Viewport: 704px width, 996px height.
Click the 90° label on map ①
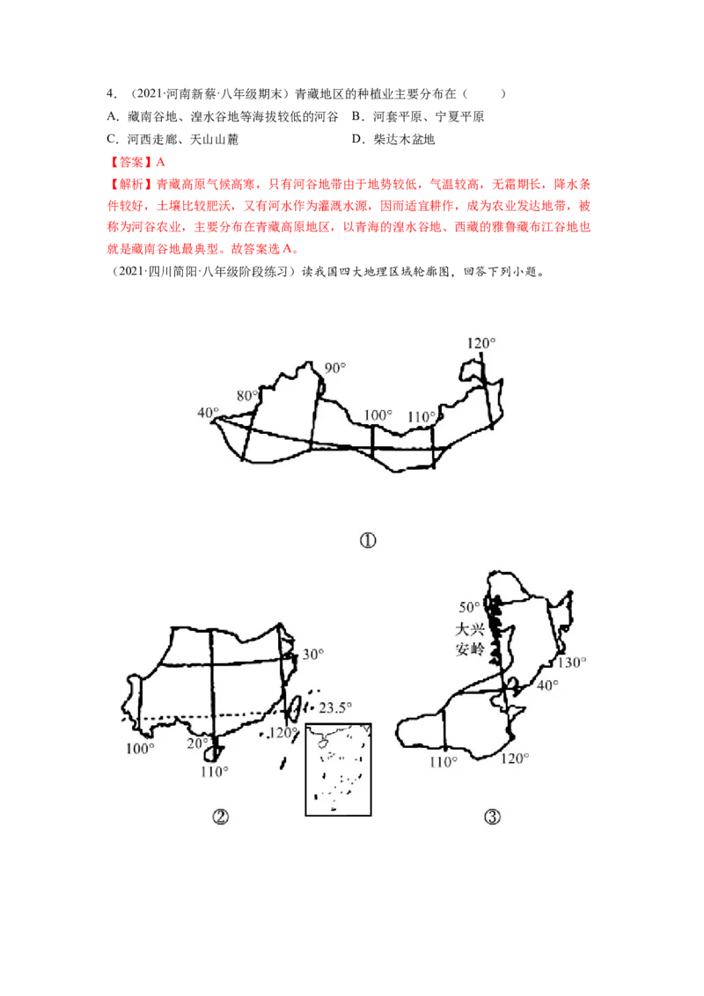click(335, 368)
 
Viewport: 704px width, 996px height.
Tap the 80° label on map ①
click(247, 396)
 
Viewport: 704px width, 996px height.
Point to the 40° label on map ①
click(208, 413)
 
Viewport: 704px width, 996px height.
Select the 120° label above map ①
click(481, 343)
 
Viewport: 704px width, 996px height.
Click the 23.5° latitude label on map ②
click(335, 707)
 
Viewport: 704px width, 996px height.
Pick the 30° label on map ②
click(312, 655)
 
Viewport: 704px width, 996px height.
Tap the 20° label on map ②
click(197, 743)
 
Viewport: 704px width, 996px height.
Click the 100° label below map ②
click(140, 748)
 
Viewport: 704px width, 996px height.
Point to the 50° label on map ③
click(470, 607)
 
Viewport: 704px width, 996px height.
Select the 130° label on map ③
click(572, 663)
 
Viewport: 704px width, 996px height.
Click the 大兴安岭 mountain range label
click(470, 639)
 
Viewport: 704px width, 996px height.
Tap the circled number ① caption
click(368, 540)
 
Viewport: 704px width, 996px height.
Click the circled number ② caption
click(221, 817)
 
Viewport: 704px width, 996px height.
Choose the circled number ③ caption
click(493, 817)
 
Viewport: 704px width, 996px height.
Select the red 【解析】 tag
click(130, 184)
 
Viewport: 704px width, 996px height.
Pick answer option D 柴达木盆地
click(393, 139)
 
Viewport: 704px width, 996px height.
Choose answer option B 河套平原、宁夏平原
click(418, 116)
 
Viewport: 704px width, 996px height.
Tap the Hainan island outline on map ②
click(211, 753)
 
